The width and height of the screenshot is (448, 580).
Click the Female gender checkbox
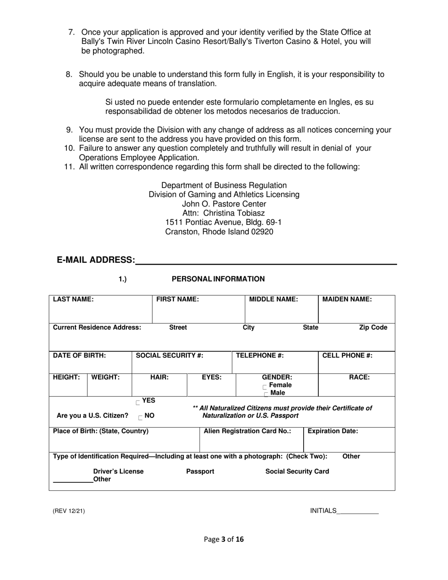(265, 386)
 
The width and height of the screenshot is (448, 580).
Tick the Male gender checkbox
(266, 394)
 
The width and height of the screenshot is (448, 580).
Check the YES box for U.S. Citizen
(138, 402)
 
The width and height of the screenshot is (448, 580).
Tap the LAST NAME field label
(73, 299)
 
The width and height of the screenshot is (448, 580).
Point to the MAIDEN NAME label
(347, 299)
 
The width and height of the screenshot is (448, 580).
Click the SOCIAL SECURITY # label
(169, 356)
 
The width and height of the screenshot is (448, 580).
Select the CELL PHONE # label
(347, 356)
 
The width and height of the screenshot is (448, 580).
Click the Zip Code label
(373, 327)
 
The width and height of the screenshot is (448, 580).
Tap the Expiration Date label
(333, 431)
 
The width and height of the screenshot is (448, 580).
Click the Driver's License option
(118, 471)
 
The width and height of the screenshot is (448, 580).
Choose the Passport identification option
(200, 471)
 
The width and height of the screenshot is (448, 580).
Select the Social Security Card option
(297, 471)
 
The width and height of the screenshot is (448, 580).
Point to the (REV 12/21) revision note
(69, 511)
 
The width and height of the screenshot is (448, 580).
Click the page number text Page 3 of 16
(224, 539)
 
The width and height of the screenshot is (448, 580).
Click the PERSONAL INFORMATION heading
(218, 279)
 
